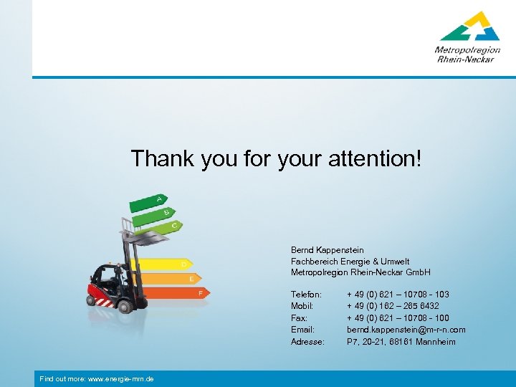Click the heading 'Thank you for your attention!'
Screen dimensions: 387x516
277,159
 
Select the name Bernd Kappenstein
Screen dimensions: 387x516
327,250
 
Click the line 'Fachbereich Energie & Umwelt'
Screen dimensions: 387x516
350,262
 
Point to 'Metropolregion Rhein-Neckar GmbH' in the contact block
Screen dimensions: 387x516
360,273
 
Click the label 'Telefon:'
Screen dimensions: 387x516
306,295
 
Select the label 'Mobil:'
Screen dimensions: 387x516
302,306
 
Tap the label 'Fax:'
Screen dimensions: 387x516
299,318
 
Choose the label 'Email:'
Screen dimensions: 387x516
302,330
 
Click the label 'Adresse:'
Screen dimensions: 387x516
307,342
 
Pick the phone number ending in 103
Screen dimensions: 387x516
398,295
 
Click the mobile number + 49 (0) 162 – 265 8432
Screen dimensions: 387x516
393,306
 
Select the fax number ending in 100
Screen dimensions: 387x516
398,318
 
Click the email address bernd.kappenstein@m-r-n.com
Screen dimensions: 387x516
406,330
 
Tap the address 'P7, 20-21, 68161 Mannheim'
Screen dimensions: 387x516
401,342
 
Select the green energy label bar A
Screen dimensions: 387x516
148,202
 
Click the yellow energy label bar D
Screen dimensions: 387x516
172,264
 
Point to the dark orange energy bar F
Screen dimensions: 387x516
179,293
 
